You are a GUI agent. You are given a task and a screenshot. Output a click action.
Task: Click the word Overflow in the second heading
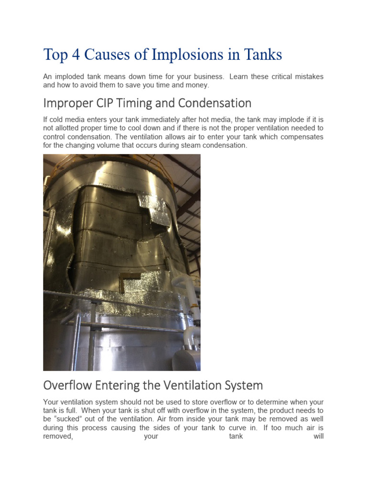pyautogui.click(x=67, y=385)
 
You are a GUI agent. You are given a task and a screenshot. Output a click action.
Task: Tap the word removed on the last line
pyautogui.click(x=58, y=436)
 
